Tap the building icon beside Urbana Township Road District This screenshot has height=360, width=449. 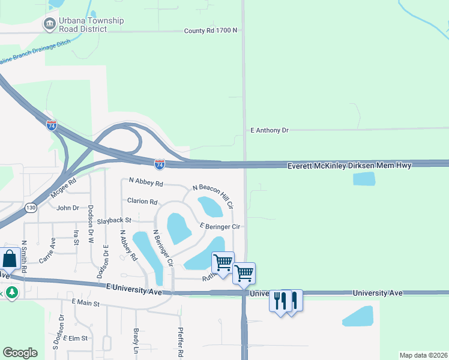click(49, 25)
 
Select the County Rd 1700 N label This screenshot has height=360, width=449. click(211, 31)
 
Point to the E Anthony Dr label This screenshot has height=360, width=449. click(269, 130)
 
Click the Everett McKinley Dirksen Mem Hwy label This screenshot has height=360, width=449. click(349, 165)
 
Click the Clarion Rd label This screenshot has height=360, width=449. click(142, 202)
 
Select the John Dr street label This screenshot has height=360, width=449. click(67, 208)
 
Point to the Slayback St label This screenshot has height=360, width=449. click(114, 221)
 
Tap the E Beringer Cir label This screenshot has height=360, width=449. click(220, 226)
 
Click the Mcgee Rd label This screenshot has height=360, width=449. click(64, 188)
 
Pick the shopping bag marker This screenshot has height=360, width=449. click(10, 259)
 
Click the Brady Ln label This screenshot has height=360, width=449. click(136, 340)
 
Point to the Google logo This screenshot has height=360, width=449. click(20, 353)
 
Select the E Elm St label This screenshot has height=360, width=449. click(75, 338)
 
